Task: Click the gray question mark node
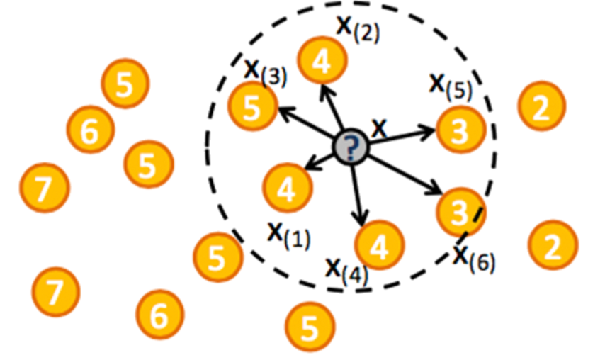352,147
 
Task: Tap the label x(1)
289,233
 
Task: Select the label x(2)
357,29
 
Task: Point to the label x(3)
265,71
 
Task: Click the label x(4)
346,269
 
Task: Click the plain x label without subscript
380,128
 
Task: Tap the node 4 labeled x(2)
322,62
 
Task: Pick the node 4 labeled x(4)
380,245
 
